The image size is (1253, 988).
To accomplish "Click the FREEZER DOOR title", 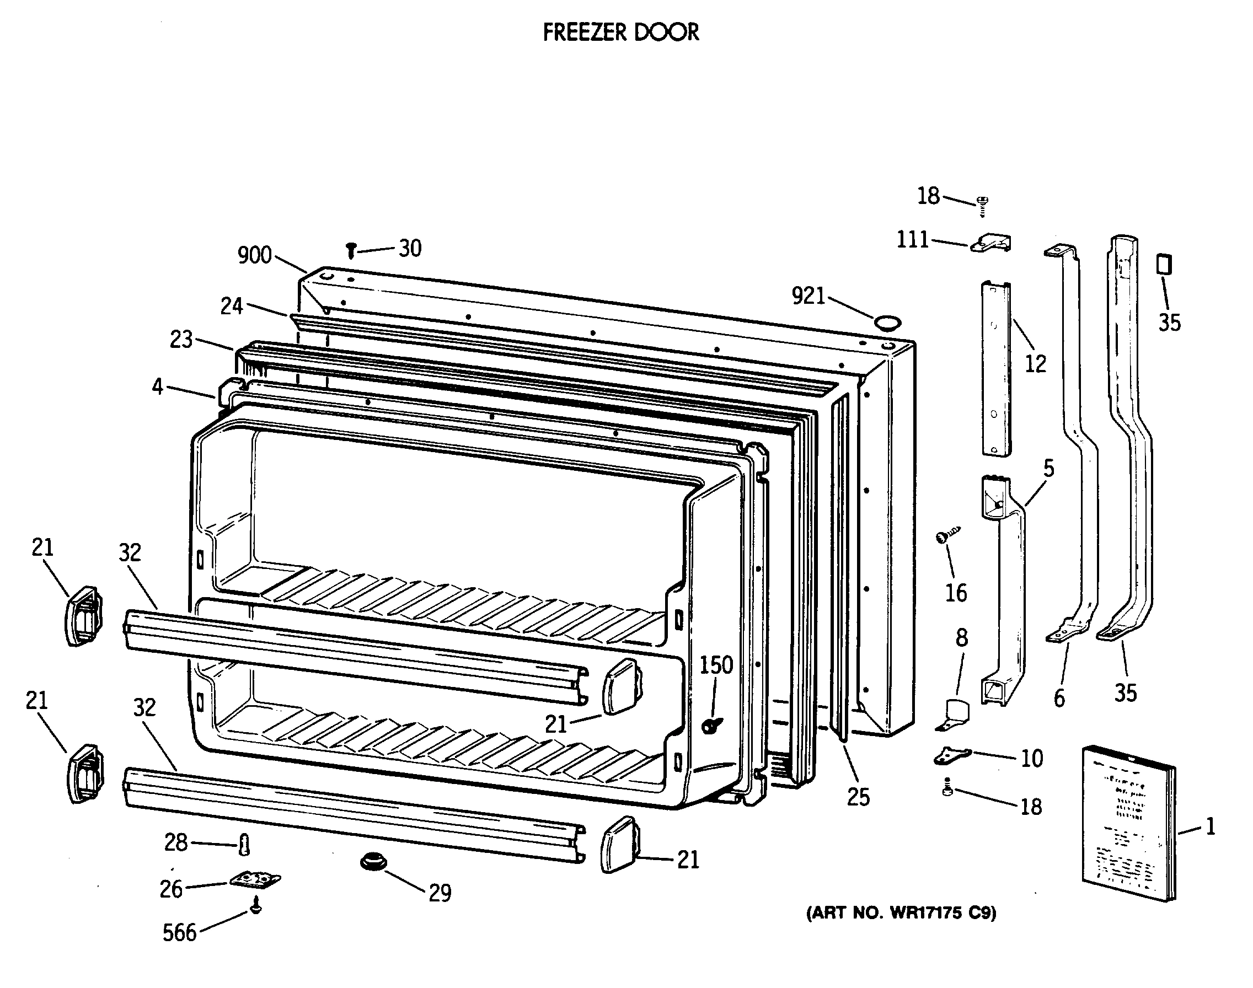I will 621,33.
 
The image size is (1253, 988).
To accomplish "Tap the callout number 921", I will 808,296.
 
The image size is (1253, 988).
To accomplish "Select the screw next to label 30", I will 351,250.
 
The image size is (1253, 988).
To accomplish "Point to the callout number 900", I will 255,255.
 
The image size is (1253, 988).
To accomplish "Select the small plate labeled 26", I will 255,880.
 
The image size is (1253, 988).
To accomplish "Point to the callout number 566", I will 179,932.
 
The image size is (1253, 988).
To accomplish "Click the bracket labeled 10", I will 952,755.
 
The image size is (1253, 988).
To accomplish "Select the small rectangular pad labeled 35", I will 1164,264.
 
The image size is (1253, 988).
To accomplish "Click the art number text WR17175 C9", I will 901,913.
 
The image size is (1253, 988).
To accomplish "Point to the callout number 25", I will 858,798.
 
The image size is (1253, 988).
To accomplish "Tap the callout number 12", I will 1036,364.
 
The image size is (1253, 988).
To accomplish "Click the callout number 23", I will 181,340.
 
